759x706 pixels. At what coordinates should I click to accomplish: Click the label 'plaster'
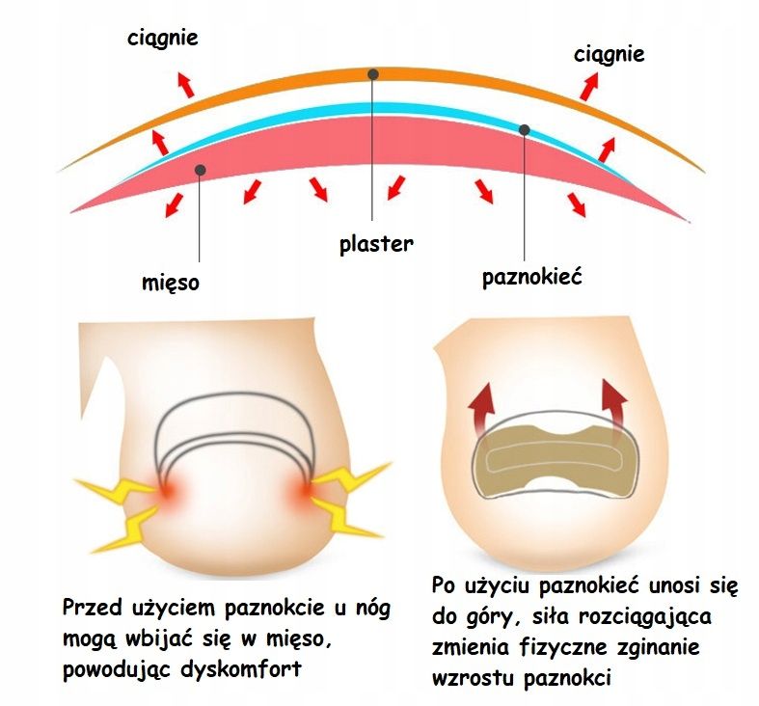click(x=376, y=243)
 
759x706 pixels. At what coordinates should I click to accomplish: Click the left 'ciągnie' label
click(x=163, y=39)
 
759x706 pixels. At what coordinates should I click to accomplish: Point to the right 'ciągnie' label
click(x=610, y=53)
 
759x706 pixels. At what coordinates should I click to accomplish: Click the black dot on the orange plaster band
click(x=373, y=73)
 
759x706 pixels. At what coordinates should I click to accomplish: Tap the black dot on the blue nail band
click(x=525, y=129)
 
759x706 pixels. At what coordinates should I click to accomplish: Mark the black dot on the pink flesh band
click(x=200, y=170)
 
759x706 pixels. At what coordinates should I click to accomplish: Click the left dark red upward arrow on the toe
click(x=483, y=407)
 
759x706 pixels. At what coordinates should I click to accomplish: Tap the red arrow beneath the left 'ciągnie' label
click(x=184, y=84)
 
